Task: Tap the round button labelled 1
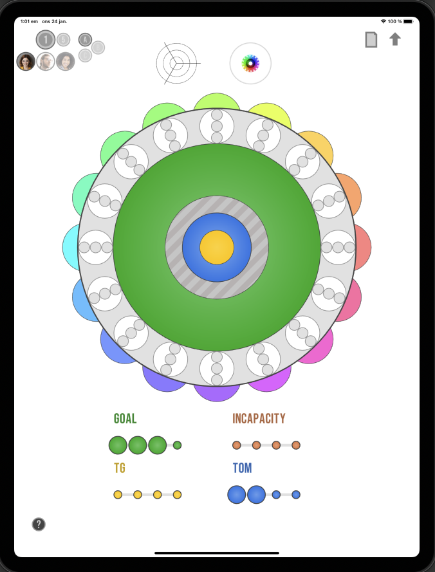click(x=46, y=40)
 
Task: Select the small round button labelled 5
click(x=63, y=40)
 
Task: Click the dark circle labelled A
click(x=85, y=40)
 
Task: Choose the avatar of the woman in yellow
click(x=26, y=61)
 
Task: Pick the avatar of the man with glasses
click(x=46, y=61)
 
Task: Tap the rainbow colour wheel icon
click(x=250, y=63)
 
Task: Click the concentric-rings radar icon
click(x=177, y=63)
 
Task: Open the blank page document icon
click(x=371, y=40)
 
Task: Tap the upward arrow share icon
click(x=395, y=39)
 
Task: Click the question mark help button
click(x=39, y=524)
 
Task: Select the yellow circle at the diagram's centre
click(x=217, y=247)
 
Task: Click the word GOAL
click(x=125, y=419)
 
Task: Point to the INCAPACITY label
click(x=259, y=419)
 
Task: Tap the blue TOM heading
click(x=242, y=468)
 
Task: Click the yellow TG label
click(x=120, y=468)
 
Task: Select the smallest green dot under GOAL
click(x=178, y=445)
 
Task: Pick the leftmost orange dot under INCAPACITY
click(x=237, y=445)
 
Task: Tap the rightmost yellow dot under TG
click(x=177, y=495)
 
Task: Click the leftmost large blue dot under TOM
click(x=237, y=495)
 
